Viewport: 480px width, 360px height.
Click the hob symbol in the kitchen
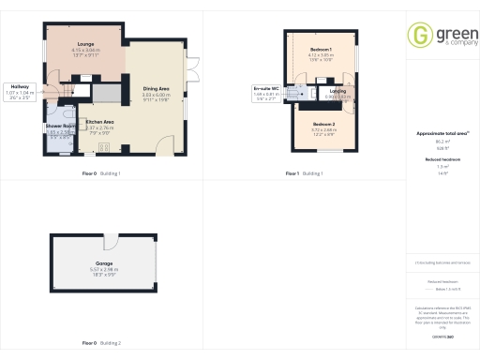point(104,146)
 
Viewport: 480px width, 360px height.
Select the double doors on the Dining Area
point(192,70)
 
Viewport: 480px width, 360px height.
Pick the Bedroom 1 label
point(322,48)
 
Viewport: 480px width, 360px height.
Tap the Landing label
point(337,91)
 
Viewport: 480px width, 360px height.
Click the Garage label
point(104,263)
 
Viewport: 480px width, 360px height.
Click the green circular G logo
point(419,36)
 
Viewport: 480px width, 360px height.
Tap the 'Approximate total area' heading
point(442,133)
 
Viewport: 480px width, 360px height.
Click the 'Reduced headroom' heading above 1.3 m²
point(442,160)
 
